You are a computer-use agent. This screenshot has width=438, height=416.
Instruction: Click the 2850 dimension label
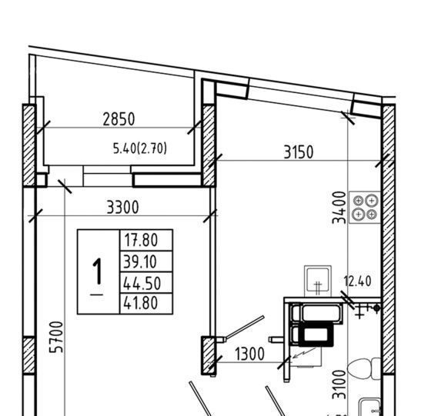point(119,119)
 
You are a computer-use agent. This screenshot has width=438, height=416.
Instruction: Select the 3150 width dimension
point(299,152)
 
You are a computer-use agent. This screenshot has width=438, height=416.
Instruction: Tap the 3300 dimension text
point(122,208)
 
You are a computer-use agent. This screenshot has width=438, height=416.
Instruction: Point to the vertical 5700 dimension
point(56,337)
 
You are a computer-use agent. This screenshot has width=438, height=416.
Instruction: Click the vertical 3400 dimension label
point(339,208)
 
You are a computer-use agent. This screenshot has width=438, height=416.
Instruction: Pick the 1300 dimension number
point(249,354)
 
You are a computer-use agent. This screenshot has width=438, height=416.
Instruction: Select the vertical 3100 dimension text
point(339,384)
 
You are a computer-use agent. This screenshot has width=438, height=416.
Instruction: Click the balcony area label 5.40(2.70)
point(140,148)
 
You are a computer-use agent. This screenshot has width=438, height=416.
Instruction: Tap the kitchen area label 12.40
point(357,281)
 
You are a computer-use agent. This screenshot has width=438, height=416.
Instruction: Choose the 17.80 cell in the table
point(141,240)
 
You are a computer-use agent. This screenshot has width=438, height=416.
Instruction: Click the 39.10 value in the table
point(140,262)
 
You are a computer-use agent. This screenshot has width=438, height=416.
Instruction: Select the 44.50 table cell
point(142,284)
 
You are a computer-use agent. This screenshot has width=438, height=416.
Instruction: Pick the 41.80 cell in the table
point(141,303)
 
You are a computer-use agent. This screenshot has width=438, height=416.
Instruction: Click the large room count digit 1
point(98,271)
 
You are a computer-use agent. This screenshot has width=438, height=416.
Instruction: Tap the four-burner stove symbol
point(365,208)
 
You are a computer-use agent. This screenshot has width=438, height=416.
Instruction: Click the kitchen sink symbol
point(318,281)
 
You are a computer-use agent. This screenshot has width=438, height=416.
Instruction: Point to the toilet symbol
point(364,369)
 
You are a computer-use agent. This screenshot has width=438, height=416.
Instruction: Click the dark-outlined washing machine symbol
point(316,334)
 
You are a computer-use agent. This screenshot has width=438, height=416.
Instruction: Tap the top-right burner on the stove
point(372,201)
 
